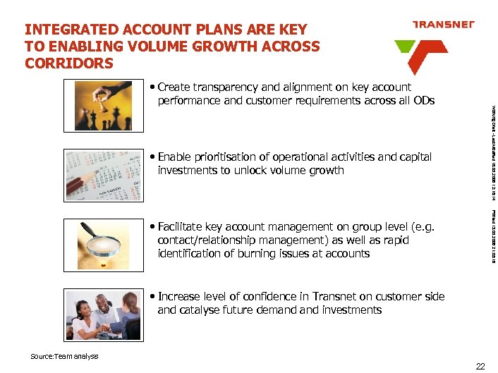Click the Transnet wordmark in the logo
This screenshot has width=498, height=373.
click(443, 24)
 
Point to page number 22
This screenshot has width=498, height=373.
click(480, 365)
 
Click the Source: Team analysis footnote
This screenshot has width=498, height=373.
click(64, 356)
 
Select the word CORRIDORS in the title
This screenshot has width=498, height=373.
click(68, 63)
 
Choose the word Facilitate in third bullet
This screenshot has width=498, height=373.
click(182, 227)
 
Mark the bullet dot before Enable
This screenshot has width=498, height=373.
click(153, 157)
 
